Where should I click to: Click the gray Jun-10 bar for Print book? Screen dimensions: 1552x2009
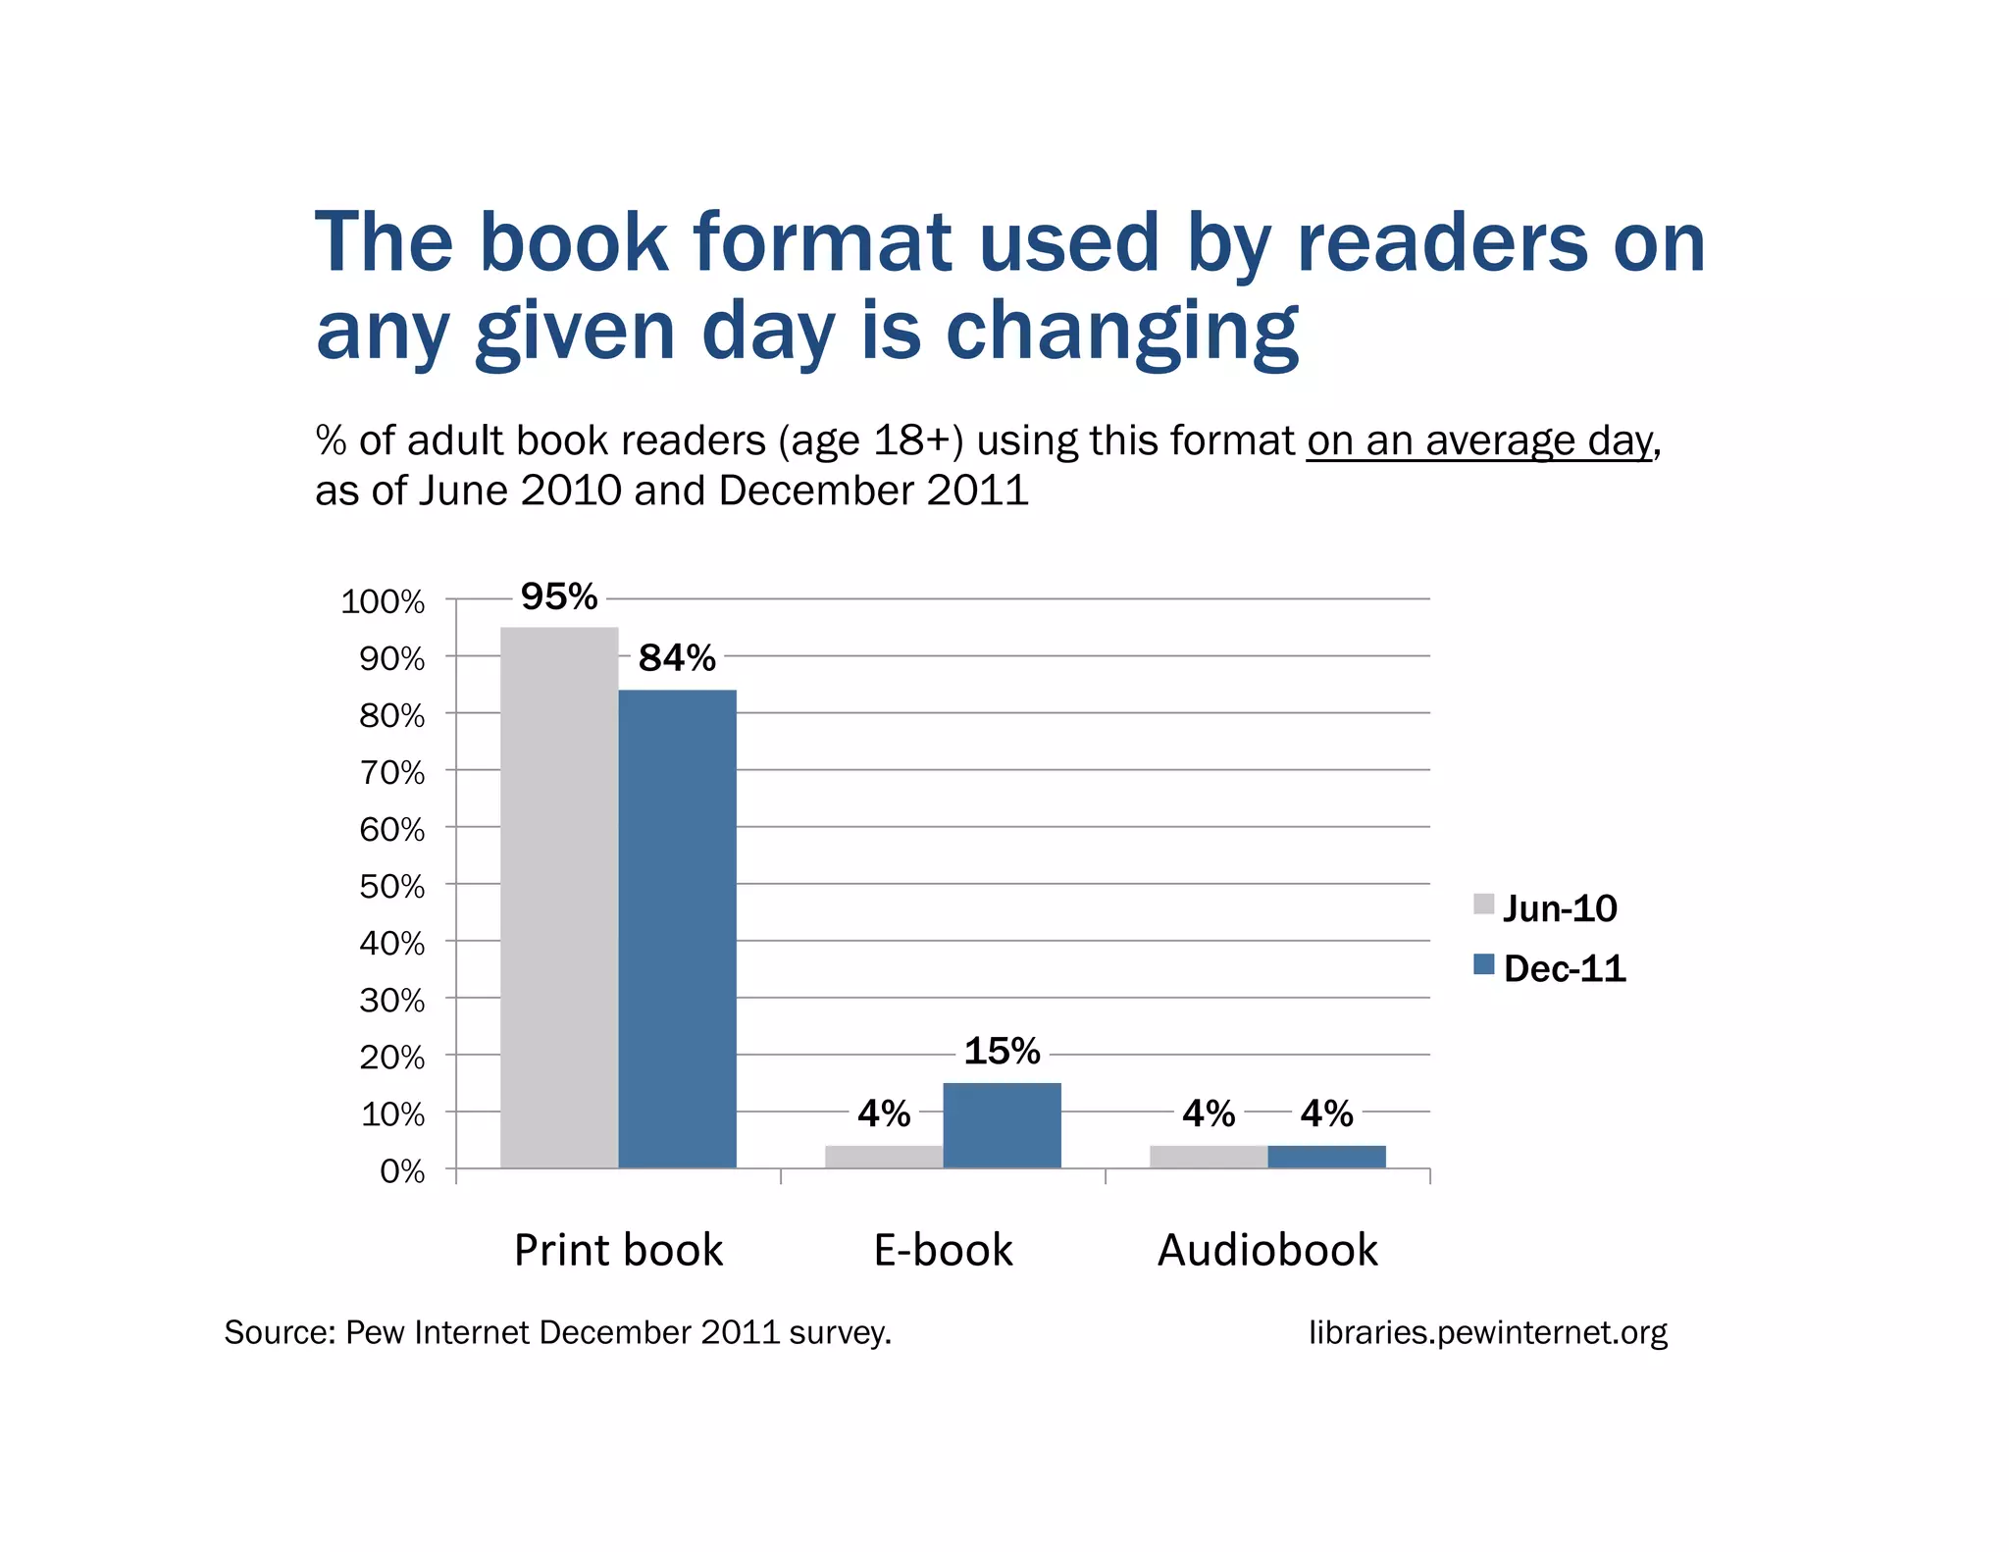pos(559,897)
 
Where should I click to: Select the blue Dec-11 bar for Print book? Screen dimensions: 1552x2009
pos(677,928)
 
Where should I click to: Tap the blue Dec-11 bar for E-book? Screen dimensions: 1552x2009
pos(1002,1125)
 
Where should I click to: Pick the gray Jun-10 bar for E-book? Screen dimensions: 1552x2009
pos(884,1157)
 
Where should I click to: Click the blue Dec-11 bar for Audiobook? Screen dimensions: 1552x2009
pos(1326,1157)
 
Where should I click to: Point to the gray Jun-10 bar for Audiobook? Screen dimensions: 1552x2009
pos(1209,1157)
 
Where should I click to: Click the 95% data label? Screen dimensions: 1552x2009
pos(559,596)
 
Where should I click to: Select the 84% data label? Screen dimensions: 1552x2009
pos(677,657)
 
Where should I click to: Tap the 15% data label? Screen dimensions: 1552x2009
pos(1002,1051)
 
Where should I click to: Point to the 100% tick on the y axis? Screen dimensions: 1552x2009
pos(383,601)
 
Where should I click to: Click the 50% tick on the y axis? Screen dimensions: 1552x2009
pos(391,887)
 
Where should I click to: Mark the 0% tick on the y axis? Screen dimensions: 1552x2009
pos(402,1171)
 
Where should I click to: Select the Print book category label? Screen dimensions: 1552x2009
pos(618,1250)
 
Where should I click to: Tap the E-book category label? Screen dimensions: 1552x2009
pos(943,1250)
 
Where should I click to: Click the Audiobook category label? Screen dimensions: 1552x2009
pos(1267,1250)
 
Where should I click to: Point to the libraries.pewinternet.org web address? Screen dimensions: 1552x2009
pos(1487,1332)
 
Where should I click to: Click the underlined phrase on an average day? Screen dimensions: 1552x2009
pos(1479,441)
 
